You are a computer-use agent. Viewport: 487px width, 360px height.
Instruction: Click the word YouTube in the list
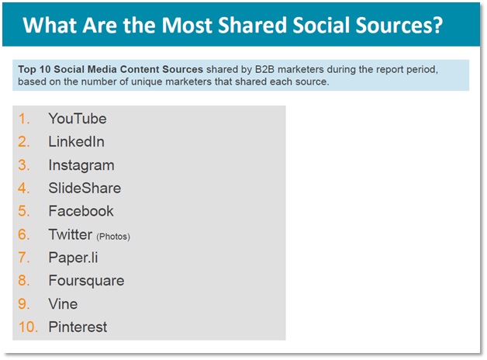78,119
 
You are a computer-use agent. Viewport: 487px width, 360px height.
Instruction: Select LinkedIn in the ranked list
77,142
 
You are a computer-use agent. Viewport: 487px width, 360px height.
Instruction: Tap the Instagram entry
81,165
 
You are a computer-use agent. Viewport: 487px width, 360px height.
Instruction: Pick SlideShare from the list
85,188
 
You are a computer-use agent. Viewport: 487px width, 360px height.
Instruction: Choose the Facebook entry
81,211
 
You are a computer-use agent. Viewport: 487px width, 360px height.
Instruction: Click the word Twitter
71,234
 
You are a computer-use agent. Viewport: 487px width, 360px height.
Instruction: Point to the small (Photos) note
113,237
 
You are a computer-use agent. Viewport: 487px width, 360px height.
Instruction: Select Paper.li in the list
73,258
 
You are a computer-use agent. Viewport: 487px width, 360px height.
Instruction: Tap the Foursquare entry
86,281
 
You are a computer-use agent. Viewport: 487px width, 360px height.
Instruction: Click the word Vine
63,304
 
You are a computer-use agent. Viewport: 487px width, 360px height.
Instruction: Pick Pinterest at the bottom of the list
78,327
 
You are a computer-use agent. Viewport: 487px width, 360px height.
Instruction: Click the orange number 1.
24,119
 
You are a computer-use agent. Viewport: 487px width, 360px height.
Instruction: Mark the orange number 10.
28,327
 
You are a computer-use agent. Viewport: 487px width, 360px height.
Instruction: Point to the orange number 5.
24,211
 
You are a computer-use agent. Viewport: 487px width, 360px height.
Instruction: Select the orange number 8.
24,281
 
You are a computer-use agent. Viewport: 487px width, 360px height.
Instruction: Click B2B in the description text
264,69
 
